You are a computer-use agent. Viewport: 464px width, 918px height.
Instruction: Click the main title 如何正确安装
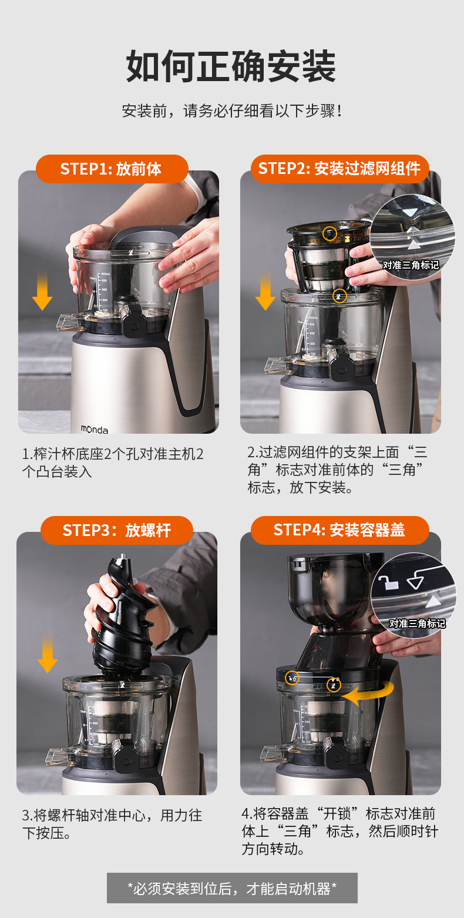pyautogui.click(x=231, y=66)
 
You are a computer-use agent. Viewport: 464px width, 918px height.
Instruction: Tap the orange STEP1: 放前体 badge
pyautogui.click(x=112, y=169)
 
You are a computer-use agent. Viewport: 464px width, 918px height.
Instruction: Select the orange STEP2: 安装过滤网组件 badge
pyautogui.click(x=339, y=169)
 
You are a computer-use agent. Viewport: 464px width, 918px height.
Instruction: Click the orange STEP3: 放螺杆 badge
pyautogui.click(x=117, y=530)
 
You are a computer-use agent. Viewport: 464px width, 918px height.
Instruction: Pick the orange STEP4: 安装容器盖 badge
pyautogui.click(x=339, y=530)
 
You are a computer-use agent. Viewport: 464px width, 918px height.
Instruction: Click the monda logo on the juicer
pyautogui.click(x=94, y=429)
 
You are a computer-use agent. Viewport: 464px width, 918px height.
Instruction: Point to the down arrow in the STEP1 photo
pyautogui.click(x=42, y=291)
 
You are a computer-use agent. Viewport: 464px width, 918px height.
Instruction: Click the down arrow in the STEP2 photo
pyautogui.click(x=265, y=291)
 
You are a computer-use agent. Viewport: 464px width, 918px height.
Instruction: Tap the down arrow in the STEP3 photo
pyautogui.click(x=48, y=653)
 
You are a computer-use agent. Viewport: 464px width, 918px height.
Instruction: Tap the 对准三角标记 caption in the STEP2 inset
pyautogui.click(x=411, y=265)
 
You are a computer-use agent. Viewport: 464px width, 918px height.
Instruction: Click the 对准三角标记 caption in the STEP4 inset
pyautogui.click(x=417, y=624)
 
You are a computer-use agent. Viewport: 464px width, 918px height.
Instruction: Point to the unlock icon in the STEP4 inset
pyautogui.click(x=388, y=582)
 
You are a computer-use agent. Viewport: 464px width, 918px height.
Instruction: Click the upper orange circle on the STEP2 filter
pyautogui.click(x=329, y=233)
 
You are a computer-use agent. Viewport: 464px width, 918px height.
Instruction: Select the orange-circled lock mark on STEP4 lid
pyautogui.click(x=292, y=678)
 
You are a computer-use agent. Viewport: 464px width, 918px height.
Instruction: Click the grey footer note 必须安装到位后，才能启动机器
pyautogui.click(x=232, y=888)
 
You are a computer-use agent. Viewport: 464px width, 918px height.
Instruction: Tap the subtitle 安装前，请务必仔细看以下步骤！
pyautogui.click(x=232, y=110)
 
